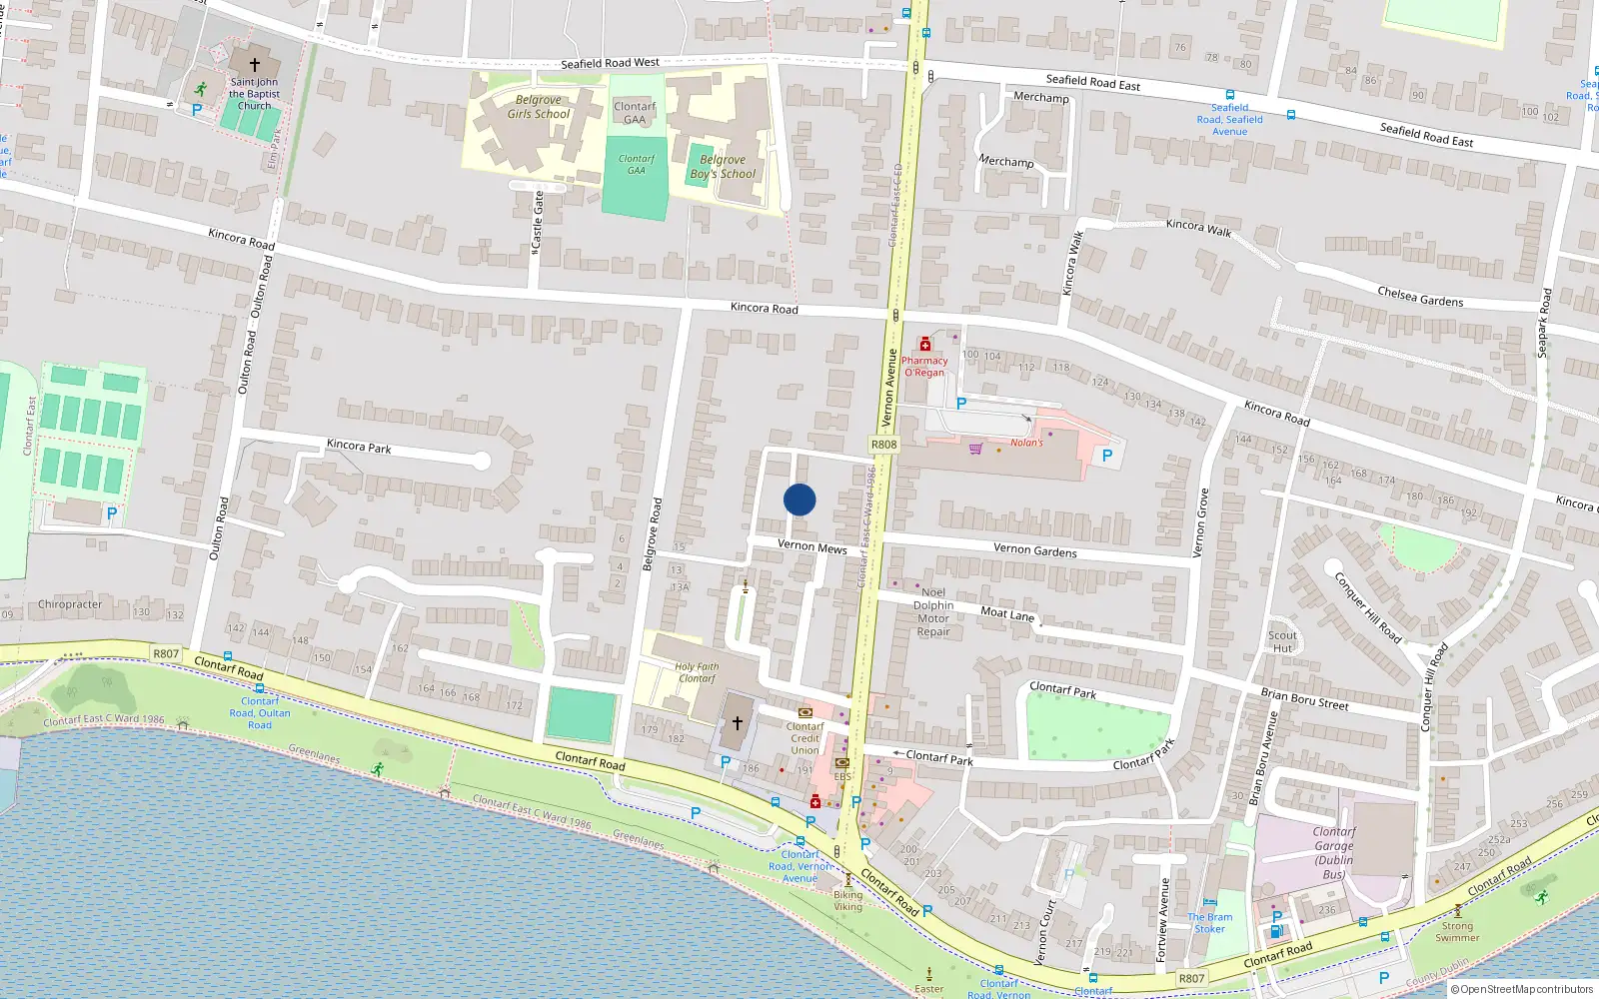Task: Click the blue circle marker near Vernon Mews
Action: (x=799, y=499)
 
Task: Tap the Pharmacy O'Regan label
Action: (x=924, y=367)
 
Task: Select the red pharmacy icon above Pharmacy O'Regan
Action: (x=925, y=345)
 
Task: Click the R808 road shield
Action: (x=883, y=445)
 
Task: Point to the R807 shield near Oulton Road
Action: (x=166, y=654)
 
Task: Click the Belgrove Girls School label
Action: (x=538, y=107)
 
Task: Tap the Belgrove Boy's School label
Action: (x=723, y=167)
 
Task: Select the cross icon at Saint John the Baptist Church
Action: (x=255, y=64)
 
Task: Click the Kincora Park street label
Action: (x=359, y=447)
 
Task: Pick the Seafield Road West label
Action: (x=610, y=63)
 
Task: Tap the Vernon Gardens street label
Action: (x=1035, y=549)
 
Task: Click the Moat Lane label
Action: (x=1007, y=614)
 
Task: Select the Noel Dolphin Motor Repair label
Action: (x=933, y=611)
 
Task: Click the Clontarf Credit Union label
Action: (x=804, y=738)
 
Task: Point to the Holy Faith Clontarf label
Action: (x=697, y=672)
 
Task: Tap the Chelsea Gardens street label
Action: (x=1420, y=297)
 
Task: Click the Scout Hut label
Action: (x=1282, y=641)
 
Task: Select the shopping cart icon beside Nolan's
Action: (x=975, y=449)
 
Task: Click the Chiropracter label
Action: (x=70, y=604)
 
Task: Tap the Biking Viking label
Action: (x=847, y=901)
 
